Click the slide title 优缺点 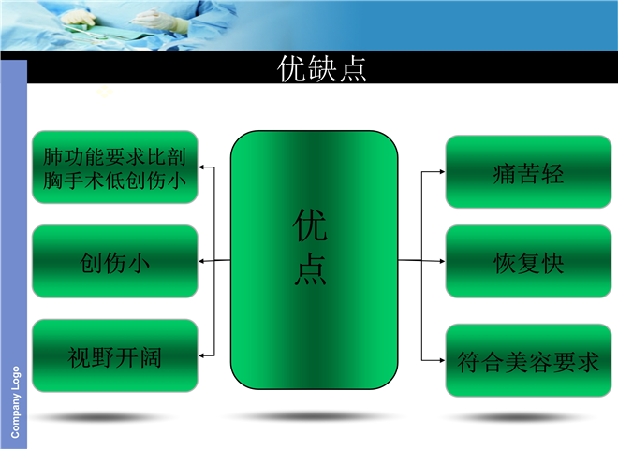[x=321, y=68]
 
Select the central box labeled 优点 [x=314, y=260]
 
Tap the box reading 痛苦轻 [x=528, y=172]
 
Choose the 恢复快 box [x=528, y=262]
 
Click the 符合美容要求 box [x=528, y=360]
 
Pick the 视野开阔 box [x=114, y=355]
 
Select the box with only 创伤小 [x=114, y=261]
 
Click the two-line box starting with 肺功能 [x=114, y=167]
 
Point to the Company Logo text [x=15, y=402]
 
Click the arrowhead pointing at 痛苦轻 [x=442, y=172]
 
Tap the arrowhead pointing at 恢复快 [x=442, y=261]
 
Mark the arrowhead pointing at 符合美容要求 [x=442, y=360]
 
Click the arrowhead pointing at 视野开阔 [x=201, y=355]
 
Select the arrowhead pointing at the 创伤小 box [x=201, y=261]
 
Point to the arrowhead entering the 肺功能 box [x=201, y=167]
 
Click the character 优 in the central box [x=310, y=224]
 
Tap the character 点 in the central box [x=310, y=269]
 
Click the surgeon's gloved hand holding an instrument [x=157, y=19]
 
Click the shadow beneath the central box [x=314, y=416]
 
